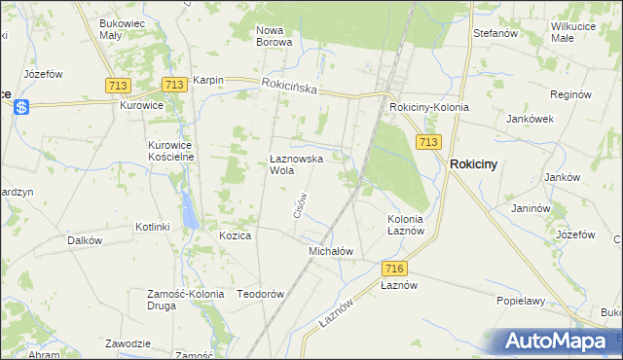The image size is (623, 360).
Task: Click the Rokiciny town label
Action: [473, 164]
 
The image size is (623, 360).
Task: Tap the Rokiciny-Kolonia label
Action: [428, 107]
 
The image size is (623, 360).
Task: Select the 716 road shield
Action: [394, 269]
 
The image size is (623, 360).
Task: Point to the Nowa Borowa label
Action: [275, 36]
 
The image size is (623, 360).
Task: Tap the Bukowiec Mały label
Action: [124, 27]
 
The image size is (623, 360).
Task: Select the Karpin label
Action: [208, 80]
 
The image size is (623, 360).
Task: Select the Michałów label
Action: [330, 251]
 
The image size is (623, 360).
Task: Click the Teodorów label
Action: [260, 294]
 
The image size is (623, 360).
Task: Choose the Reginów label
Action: [570, 94]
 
